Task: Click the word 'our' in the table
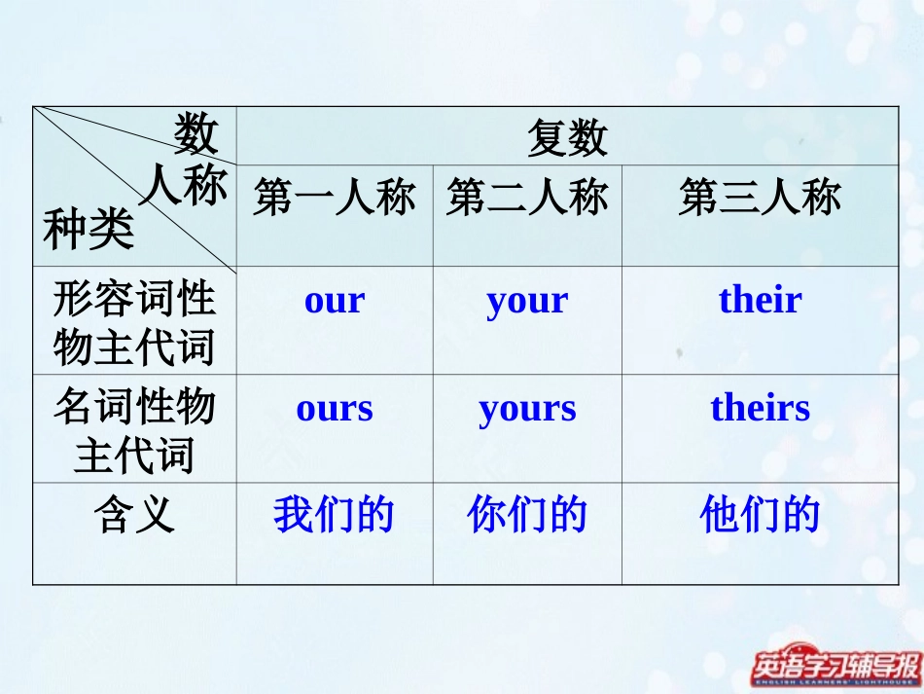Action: coord(335,301)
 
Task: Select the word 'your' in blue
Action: coord(527,302)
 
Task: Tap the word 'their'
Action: coord(760,300)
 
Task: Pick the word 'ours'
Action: coord(335,408)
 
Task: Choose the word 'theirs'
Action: coord(760,408)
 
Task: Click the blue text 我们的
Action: coord(334,514)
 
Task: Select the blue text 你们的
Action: coord(527,514)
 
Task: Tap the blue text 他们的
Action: coord(760,514)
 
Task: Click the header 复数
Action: coord(567,137)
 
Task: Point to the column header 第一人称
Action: coord(335,199)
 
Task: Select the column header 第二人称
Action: coord(527,199)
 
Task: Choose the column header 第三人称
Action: coord(760,199)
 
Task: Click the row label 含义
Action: coord(134,514)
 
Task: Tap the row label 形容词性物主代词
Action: coord(134,322)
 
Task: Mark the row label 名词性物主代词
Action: coord(134,430)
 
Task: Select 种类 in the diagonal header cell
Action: coord(88,231)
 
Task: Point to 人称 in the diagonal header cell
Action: coord(183,185)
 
